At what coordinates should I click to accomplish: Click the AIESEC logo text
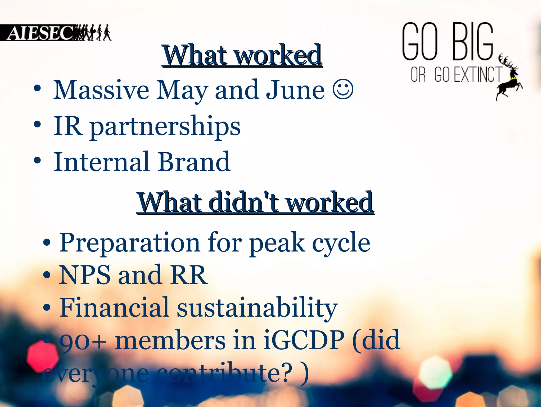(x=40, y=33)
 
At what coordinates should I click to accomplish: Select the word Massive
(x=101, y=90)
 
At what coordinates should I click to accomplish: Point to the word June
(x=295, y=90)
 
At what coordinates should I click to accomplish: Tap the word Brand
(x=194, y=162)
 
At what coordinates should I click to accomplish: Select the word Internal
(x=102, y=162)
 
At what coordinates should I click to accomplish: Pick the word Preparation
(x=129, y=242)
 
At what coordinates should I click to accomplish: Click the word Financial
(x=114, y=307)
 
